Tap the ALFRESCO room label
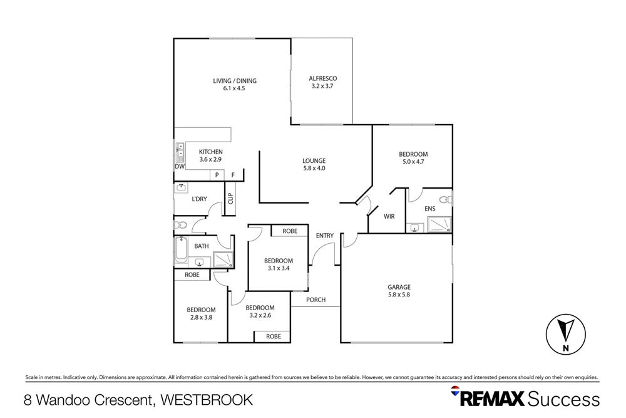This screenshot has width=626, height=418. tap(323, 78)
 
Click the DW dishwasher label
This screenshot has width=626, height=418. tap(179, 167)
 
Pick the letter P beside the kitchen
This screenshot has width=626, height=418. tap(217, 175)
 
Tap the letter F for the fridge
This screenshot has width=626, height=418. tap(233, 175)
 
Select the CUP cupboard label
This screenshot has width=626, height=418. tap(230, 199)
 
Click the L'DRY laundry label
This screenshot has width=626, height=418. tap(199, 199)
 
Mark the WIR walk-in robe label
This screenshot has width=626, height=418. tap(389, 216)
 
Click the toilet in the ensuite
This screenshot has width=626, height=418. tap(445, 200)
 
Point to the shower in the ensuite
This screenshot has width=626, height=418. tap(439, 225)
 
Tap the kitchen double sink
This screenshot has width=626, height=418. tap(180, 150)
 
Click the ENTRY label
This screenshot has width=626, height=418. tap(325, 236)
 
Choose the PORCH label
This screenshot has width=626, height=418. tap(316, 300)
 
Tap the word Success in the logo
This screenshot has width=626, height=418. tap(564, 399)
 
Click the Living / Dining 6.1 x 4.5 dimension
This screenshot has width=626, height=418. tap(234, 89)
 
